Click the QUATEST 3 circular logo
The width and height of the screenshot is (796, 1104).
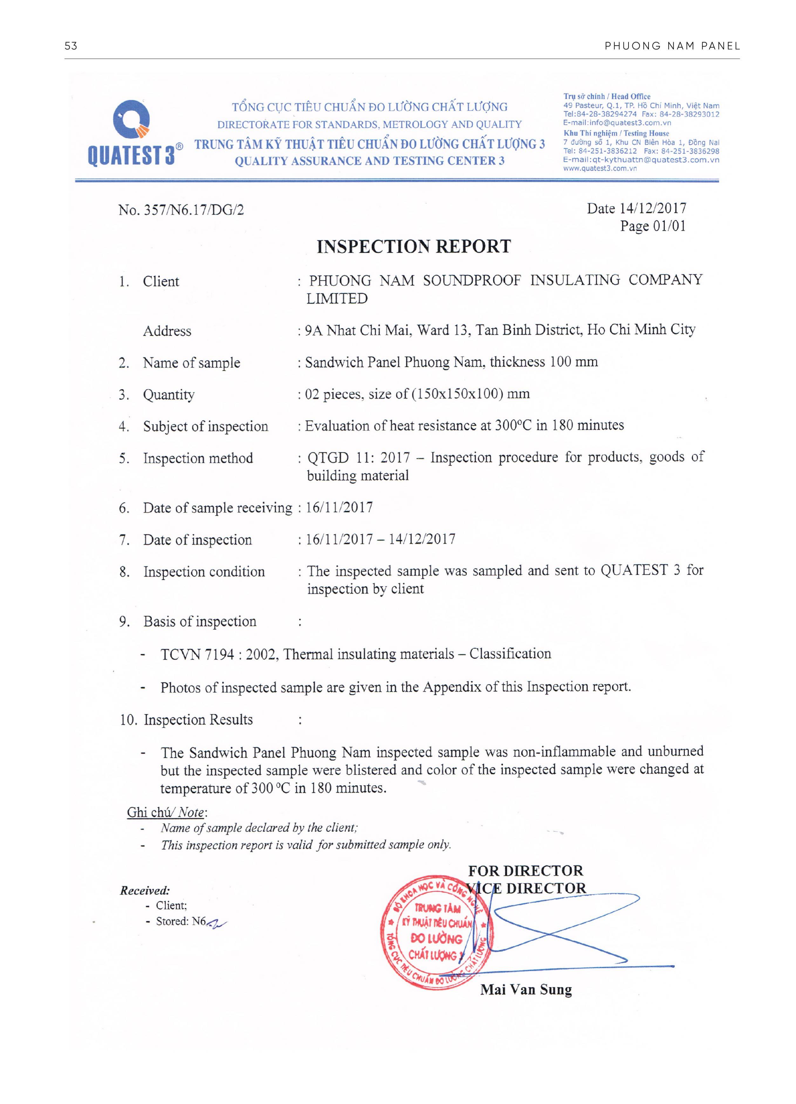131,119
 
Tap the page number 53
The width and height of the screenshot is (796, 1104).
71,46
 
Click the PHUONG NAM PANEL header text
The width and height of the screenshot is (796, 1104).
672,46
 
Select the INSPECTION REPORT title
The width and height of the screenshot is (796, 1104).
413,246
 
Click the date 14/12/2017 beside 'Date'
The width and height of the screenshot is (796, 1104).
652,208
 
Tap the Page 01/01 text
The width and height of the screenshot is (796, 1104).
652,226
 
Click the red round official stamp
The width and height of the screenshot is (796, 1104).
436,940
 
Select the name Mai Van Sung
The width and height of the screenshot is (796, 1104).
526,990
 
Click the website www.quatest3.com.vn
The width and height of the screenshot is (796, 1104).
599,168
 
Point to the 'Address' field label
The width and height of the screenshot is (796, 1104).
167,331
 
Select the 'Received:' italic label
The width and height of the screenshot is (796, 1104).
145,890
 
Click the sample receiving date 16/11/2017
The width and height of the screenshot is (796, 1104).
339,507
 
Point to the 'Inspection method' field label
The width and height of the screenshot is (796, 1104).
198,458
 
